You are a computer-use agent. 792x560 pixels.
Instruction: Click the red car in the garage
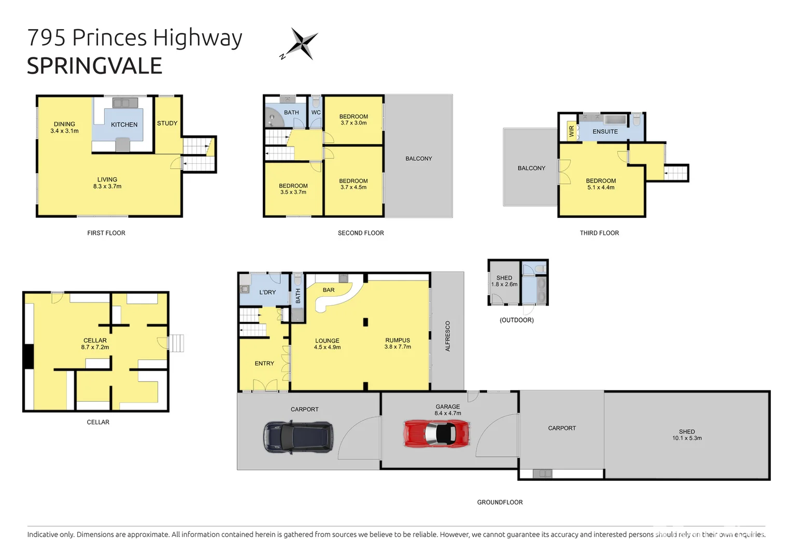436,433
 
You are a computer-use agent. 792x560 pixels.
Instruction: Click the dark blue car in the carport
298,437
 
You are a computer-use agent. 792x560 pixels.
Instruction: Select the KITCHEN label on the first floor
124,125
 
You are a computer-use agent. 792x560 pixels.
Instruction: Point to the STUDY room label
167,123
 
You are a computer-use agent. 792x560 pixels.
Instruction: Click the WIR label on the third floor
572,131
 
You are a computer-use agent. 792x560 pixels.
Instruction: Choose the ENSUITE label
605,132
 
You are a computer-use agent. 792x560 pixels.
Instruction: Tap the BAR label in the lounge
329,290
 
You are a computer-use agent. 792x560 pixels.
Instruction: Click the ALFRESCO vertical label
448,336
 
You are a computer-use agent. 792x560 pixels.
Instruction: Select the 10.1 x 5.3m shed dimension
687,438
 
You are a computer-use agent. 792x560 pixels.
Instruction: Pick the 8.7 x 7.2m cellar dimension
95,347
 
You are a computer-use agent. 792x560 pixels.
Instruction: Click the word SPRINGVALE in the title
94,66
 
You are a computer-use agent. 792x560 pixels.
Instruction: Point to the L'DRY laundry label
267,292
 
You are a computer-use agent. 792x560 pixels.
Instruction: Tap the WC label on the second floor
316,113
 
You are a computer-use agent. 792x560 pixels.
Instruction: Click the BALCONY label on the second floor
418,159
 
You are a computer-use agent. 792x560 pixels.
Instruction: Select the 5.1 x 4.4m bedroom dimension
601,188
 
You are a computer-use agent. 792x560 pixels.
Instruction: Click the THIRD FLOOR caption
599,233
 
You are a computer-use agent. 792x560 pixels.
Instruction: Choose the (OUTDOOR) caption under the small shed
516,320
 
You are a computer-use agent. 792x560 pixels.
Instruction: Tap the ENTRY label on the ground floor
264,363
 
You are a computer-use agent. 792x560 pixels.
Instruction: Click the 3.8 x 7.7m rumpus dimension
398,347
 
